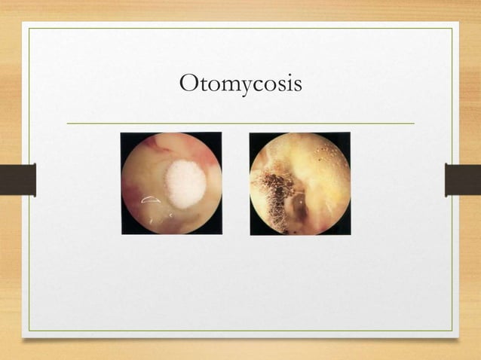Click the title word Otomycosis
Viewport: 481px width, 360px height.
point(240,84)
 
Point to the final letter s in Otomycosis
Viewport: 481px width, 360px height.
point(298,85)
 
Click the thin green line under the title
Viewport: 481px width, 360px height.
point(240,123)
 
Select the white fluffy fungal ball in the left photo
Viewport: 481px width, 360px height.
point(185,183)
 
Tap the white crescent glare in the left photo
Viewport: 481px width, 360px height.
point(150,200)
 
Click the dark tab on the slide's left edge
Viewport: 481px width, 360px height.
point(17,179)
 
